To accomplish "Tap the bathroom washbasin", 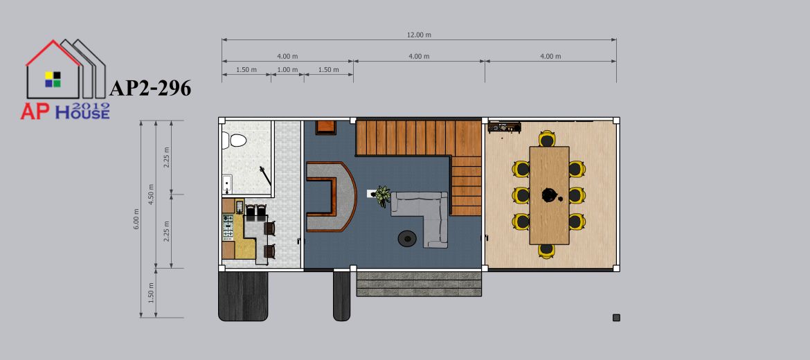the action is click(227, 184).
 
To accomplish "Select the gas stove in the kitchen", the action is click(228, 227).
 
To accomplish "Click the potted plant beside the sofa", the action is click(382, 197).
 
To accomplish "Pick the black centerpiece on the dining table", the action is click(549, 195).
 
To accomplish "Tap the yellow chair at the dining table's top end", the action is click(547, 138).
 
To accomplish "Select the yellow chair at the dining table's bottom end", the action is click(546, 251).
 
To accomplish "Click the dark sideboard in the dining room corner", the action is click(504, 127).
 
